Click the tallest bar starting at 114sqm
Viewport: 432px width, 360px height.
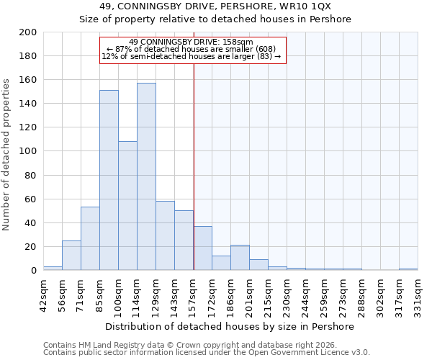pyautogui.click(x=146, y=176)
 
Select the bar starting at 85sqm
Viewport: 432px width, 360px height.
pyautogui.click(x=109, y=180)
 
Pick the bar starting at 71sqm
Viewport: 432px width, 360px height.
pyautogui.click(x=90, y=238)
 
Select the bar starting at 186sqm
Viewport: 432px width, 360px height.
pyautogui.click(x=240, y=258)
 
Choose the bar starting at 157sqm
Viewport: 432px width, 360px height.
pyautogui.click(x=202, y=248)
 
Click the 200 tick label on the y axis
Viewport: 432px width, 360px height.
pyautogui.click(x=29, y=32)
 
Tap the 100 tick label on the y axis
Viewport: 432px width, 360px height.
pyautogui.click(x=29, y=151)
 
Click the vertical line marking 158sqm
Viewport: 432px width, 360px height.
pyautogui.click(x=194, y=180)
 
